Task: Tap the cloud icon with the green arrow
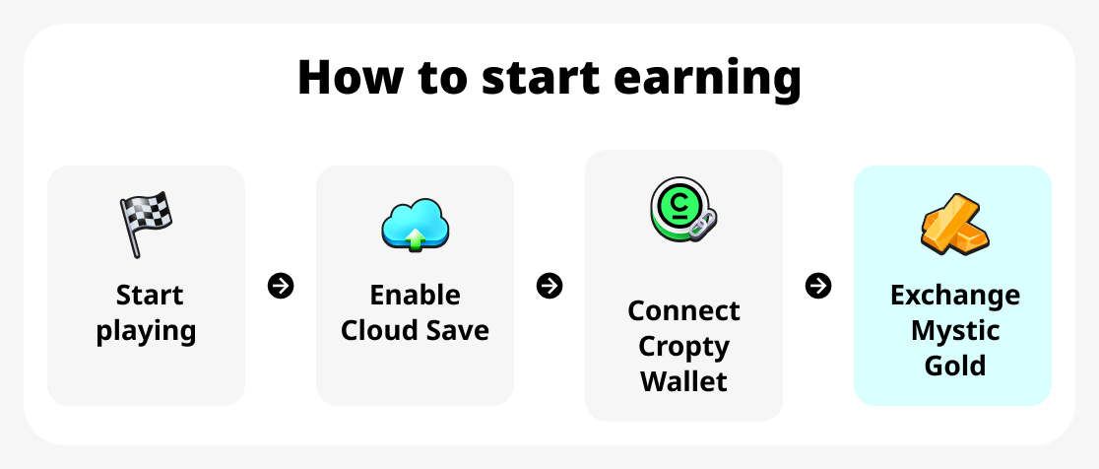415,224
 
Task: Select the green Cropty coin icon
679,210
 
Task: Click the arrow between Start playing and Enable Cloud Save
281,286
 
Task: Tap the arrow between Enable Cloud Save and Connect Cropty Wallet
549,286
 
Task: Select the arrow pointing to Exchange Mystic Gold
818,286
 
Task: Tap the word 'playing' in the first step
146,331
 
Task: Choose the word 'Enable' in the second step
415,295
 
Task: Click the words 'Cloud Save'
415,330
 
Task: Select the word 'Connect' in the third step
683,310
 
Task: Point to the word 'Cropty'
683,347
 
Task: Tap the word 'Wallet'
683,381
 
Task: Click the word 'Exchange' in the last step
954,295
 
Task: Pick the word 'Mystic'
954,330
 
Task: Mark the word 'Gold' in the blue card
954,366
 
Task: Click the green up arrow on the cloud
416,237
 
